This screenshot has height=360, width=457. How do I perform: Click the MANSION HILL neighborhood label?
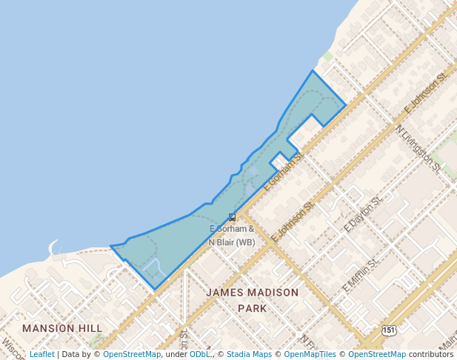tap(62, 327)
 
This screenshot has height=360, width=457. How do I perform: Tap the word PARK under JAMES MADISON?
tap(251, 308)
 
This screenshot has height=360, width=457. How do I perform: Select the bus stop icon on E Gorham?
tap(233, 217)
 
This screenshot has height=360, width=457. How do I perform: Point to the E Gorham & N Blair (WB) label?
tap(232, 236)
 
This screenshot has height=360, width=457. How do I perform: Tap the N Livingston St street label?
tap(418, 148)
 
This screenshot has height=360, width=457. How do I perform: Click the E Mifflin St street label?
tap(361, 273)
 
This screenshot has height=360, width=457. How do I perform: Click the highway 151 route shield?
tap(390, 329)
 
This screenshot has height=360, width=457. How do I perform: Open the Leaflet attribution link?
tap(41, 355)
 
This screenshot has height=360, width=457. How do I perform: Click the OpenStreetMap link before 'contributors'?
tap(377, 355)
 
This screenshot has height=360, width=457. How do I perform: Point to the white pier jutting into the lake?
tap(53, 247)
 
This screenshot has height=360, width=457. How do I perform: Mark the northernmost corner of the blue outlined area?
tap(313, 70)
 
